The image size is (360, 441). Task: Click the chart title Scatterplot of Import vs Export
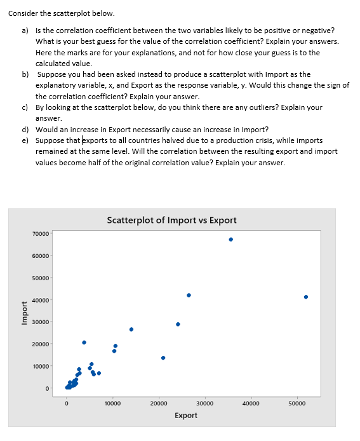[x=171, y=221]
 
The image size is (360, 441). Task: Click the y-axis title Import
[x=24, y=313]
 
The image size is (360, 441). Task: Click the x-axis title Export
[x=185, y=415]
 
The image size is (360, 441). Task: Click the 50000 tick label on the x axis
[x=297, y=403]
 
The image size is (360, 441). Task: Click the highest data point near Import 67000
[x=230, y=240]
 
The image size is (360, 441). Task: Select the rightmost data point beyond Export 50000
[x=306, y=297]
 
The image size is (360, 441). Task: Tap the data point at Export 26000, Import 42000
[x=189, y=295]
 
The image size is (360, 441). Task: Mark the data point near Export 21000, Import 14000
[x=163, y=357]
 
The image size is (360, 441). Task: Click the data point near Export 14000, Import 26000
[x=131, y=329]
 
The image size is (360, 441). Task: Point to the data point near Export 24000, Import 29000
[x=178, y=324]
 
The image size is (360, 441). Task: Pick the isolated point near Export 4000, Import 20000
[x=84, y=342]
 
